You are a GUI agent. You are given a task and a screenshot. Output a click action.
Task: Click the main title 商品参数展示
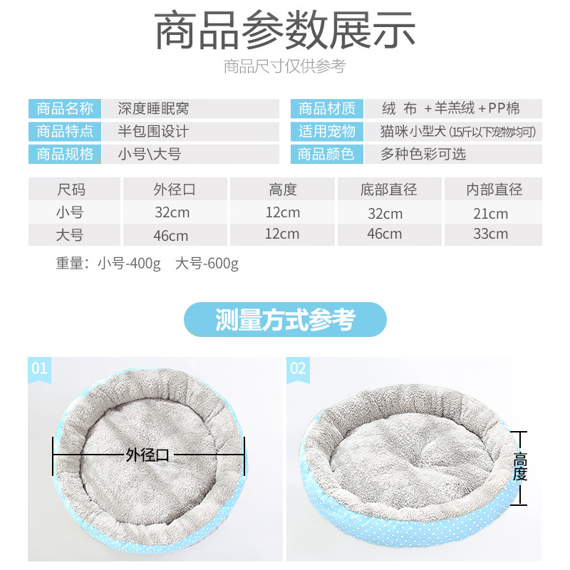[x=285, y=30]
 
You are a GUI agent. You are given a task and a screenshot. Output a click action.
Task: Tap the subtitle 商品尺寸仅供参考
[x=284, y=66]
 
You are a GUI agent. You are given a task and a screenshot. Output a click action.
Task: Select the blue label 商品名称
[x=65, y=108]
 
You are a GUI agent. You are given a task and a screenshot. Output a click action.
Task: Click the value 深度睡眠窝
[x=153, y=108]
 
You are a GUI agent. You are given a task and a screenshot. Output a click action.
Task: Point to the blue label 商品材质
[x=327, y=108]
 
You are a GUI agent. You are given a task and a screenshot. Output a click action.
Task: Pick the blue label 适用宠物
[x=327, y=131]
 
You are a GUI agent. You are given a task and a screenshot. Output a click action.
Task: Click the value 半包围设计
[x=153, y=131]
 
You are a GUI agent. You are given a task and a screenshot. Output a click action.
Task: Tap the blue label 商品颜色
[x=327, y=154]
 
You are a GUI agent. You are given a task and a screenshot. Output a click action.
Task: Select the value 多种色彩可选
[x=423, y=154]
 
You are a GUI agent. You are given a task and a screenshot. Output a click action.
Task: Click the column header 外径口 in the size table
[x=175, y=190]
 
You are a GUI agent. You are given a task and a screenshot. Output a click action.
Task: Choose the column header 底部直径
[x=388, y=190]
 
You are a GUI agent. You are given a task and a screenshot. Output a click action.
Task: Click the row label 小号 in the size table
[x=70, y=212]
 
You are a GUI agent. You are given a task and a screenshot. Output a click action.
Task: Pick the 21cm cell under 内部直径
[x=491, y=214]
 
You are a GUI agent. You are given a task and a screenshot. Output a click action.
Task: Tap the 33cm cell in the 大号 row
[x=491, y=234]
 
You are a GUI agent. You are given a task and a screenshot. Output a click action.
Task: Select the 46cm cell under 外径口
[x=171, y=236]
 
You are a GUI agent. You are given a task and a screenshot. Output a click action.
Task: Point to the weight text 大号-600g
[x=207, y=264]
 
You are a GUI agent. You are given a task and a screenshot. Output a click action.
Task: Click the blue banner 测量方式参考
[x=286, y=319]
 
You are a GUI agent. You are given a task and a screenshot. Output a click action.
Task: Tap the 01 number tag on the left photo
[x=39, y=368]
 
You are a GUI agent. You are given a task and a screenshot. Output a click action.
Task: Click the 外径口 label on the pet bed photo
[x=147, y=455]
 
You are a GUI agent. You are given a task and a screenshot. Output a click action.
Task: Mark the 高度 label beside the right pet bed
[x=520, y=467]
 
